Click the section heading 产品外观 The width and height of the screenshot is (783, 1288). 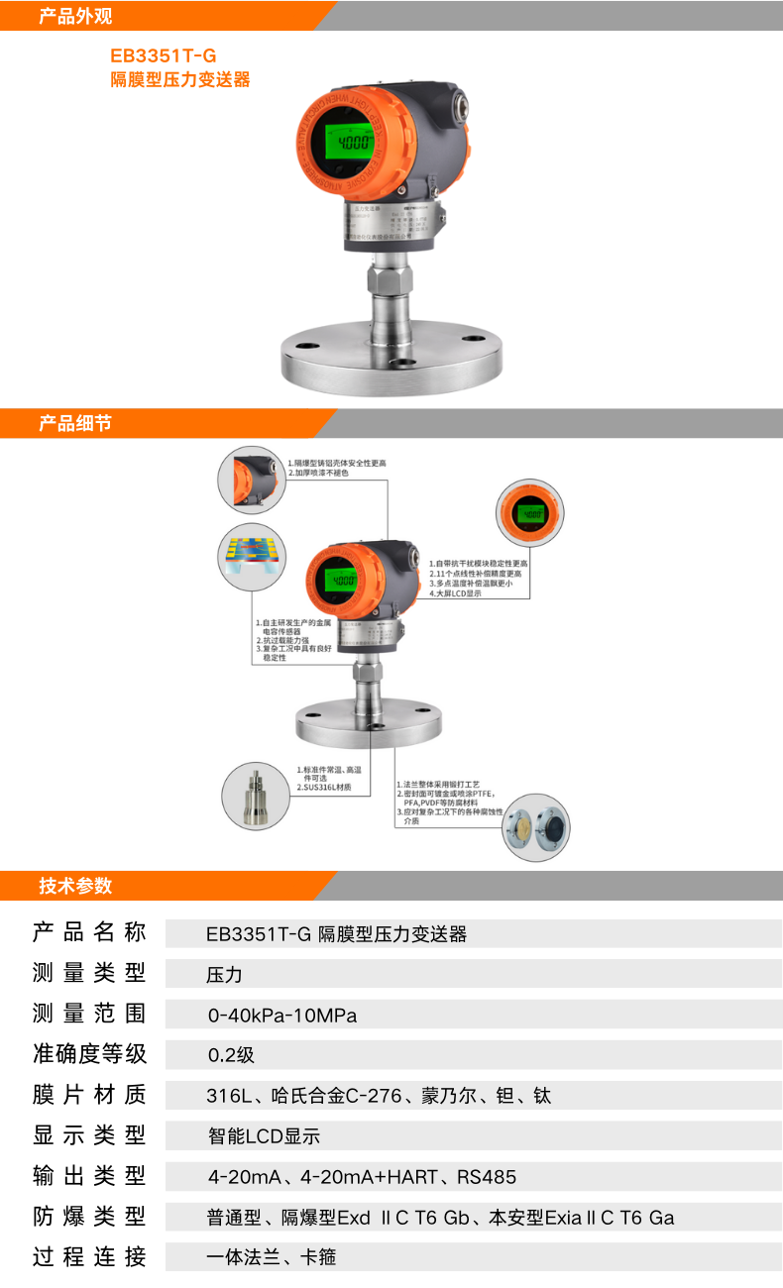(75, 16)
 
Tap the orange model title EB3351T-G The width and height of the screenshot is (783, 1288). (163, 56)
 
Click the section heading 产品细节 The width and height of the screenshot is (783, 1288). (75, 423)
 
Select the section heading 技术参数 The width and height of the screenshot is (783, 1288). (75, 886)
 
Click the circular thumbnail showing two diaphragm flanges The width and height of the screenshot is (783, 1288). (536, 826)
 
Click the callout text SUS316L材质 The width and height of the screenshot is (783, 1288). (324, 788)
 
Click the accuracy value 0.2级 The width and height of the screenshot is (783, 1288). (231, 1055)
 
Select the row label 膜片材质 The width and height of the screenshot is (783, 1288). (89, 1095)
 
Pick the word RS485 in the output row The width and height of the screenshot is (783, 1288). (487, 1177)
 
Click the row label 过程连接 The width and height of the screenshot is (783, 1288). (89, 1257)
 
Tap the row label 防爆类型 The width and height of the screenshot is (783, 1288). (89, 1217)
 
